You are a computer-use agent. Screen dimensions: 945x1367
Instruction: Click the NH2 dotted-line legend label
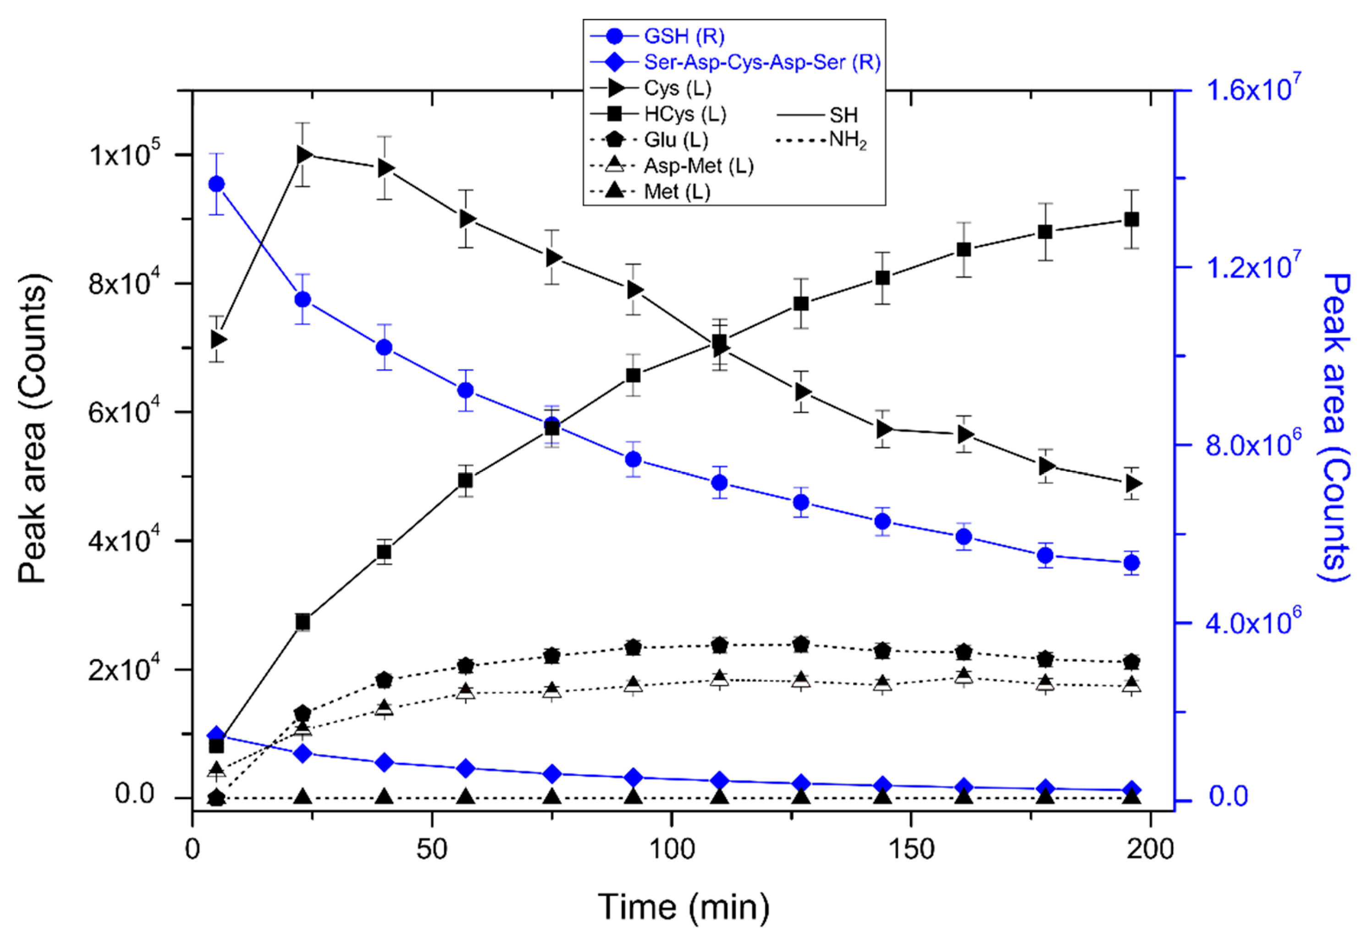(x=847, y=140)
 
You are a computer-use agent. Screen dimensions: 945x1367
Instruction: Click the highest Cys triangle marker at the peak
(x=304, y=155)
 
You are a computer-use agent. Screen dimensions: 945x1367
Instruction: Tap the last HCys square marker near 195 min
(x=1131, y=220)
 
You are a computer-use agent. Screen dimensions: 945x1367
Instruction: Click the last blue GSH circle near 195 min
(x=1131, y=563)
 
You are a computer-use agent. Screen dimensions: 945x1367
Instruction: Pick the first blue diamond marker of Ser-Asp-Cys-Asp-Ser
(x=217, y=735)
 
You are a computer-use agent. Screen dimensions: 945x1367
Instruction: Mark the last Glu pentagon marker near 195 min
(x=1131, y=661)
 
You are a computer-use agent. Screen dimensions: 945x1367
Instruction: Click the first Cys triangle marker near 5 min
(x=217, y=339)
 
